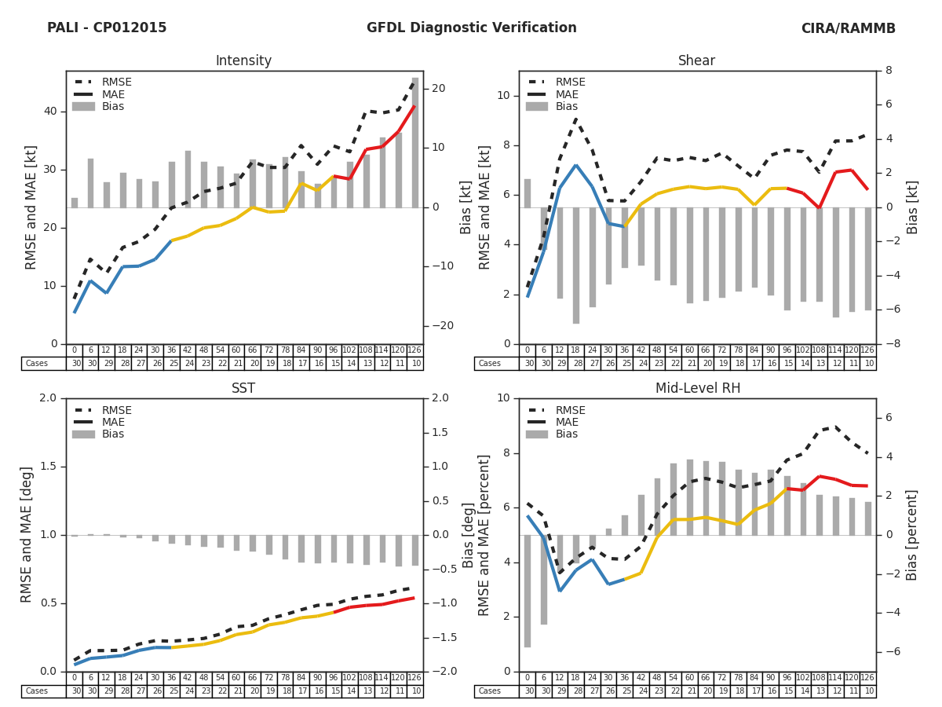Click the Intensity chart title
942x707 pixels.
click(x=243, y=61)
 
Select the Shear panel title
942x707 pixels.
click(x=697, y=61)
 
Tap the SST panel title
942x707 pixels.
click(x=243, y=389)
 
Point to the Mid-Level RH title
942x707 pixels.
click(x=697, y=389)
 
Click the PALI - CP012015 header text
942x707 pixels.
click(x=107, y=28)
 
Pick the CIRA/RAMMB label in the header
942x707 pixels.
click(x=848, y=28)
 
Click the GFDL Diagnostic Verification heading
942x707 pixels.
click(x=471, y=28)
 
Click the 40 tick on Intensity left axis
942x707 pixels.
click(x=50, y=112)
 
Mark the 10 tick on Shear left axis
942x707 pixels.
click(x=503, y=96)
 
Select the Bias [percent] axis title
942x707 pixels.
click(x=912, y=535)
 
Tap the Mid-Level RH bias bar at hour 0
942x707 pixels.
click(x=528, y=591)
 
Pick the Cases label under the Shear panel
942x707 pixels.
click(x=489, y=364)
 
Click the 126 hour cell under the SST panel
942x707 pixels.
click(x=414, y=678)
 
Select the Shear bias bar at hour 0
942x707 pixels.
click(x=528, y=193)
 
